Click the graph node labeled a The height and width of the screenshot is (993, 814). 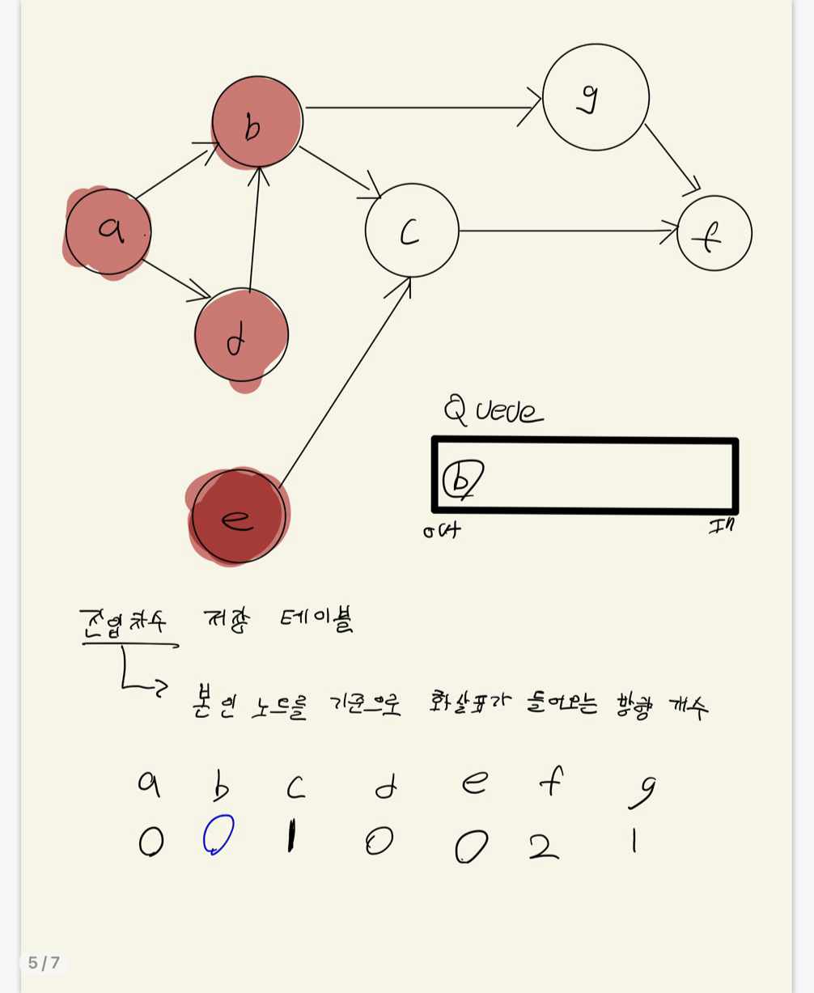[x=108, y=231]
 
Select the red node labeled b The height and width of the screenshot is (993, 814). [x=257, y=122]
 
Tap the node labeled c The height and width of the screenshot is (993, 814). [x=412, y=231]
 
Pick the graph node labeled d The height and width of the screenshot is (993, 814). [x=241, y=335]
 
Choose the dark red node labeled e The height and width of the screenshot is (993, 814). [x=238, y=516]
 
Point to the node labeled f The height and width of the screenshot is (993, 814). [x=714, y=233]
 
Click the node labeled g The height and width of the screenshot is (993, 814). [x=596, y=97]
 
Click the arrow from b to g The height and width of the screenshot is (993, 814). [x=421, y=107]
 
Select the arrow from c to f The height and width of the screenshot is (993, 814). [x=566, y=231]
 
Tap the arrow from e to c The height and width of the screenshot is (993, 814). [x=344, y=380]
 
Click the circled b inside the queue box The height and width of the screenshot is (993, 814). [x=462, y=478]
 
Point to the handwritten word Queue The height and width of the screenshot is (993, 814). [x=493, y=410]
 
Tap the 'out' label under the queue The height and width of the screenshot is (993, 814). [x=442, y=531]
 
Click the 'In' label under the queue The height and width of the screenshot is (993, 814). [x=721, y=526]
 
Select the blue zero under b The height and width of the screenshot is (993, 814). [x=218, y=834]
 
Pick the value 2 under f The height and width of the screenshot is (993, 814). [x=544, y=846]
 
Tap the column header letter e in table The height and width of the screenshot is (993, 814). [x=475, y=783]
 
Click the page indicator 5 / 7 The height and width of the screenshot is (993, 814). [x=44, y=962]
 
